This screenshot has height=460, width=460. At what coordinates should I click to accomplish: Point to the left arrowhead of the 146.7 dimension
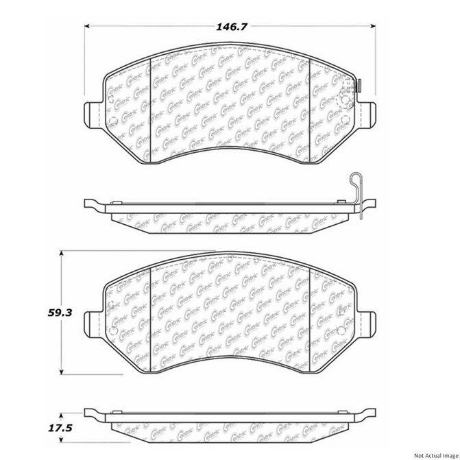[87, 27]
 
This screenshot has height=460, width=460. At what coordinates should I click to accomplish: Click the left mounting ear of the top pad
[93, 113]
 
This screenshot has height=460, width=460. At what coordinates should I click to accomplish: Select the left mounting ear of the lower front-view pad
[93, 322]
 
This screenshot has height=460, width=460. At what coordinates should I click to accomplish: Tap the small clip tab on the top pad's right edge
[360, 86]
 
